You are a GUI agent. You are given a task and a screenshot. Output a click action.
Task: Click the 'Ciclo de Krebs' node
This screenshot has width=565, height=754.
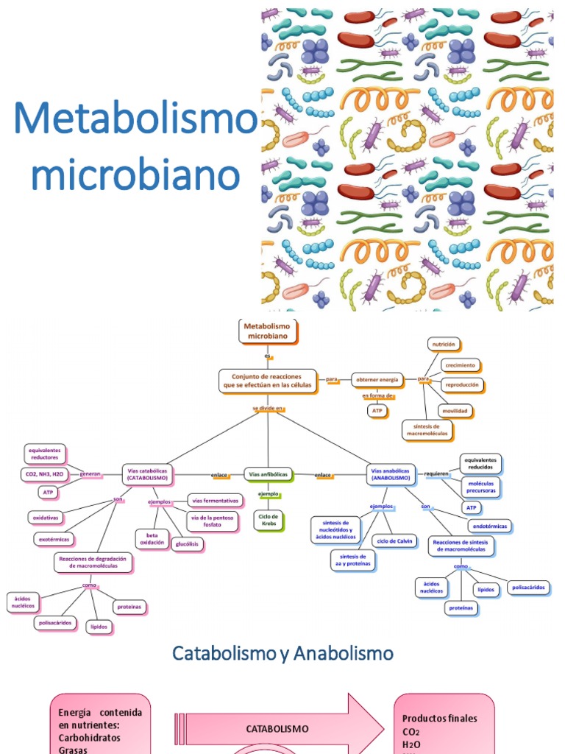click(268, 521)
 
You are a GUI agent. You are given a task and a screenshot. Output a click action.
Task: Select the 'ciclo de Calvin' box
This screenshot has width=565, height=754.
click(394, 541)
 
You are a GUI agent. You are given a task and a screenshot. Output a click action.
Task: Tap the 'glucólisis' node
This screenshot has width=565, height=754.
click(187, 544)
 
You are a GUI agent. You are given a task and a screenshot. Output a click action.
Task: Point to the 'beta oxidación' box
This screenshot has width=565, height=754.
click(152, 538)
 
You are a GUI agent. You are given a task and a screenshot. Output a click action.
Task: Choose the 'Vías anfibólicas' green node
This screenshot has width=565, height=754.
click(269, 475)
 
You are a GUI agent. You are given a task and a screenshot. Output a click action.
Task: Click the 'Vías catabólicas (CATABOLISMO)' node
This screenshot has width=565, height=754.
click(149, 475)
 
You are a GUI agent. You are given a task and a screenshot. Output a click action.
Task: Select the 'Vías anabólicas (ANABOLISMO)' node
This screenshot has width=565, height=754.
click(390, 474)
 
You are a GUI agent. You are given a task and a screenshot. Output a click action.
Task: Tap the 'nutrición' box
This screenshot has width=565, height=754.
click(444, 344)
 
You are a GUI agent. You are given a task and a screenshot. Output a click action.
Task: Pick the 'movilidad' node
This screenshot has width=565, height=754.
click(454, 410)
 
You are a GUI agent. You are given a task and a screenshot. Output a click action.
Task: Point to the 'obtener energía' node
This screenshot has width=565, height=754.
click(377, 379)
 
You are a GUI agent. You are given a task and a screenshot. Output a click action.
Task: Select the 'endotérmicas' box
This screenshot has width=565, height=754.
click(490, 526)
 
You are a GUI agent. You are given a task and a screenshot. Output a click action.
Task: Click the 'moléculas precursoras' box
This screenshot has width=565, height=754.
click(480, 486)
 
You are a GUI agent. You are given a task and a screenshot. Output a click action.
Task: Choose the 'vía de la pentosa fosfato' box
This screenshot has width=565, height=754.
click(216, 521)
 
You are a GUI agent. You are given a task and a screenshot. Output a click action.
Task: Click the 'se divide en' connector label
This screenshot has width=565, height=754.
click(268, 408)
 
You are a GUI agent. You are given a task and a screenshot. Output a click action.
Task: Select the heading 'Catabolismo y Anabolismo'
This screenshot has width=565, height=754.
click(282, 653)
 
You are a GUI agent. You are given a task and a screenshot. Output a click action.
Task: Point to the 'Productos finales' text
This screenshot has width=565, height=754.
click(439, 718)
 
